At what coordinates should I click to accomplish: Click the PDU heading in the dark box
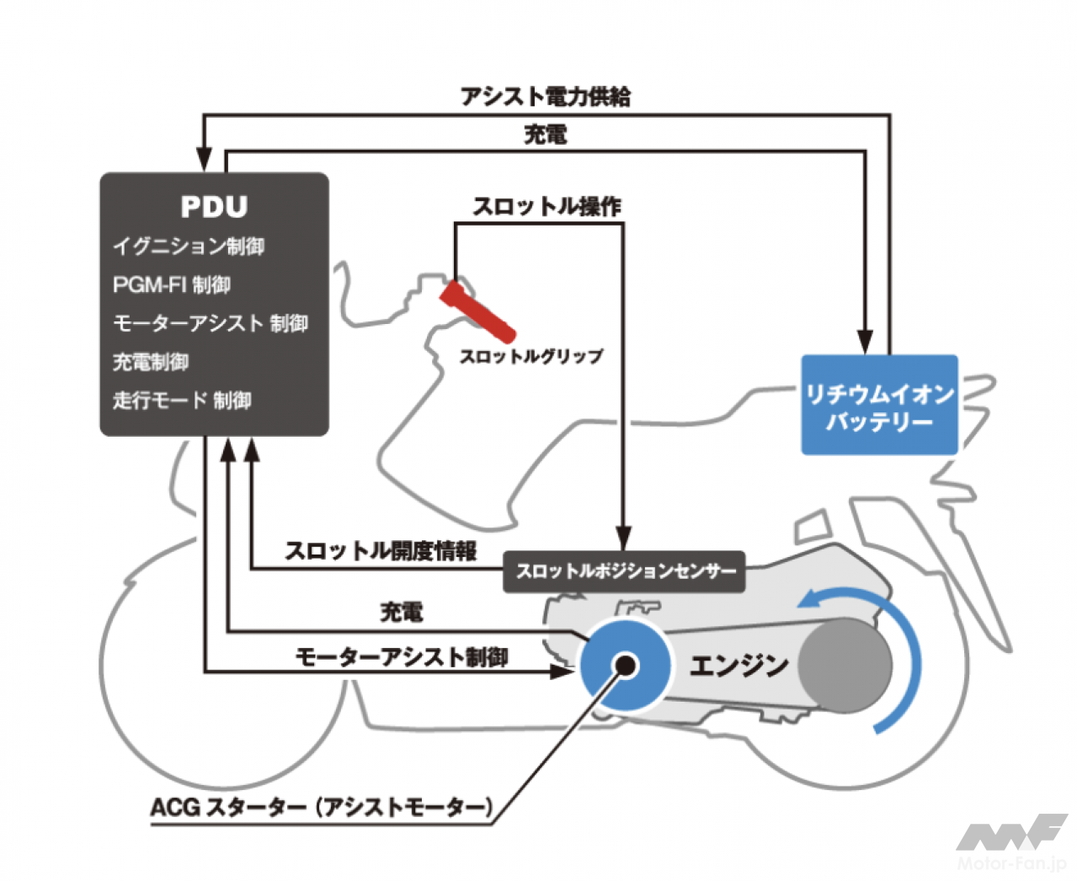[214, 207]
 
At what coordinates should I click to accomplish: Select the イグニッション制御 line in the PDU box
[189, 247]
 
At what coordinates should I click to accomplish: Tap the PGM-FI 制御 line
[172, 285]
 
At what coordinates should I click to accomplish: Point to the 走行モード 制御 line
[182, 401]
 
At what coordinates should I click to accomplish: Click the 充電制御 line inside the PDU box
[151, 362]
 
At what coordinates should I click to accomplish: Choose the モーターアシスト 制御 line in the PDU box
[211, 324]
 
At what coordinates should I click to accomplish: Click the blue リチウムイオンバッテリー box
[879, 406]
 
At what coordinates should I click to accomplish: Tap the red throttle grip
[477, 311]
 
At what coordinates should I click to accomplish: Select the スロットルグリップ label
[531, 356]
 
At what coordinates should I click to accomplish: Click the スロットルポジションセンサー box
[624, 571]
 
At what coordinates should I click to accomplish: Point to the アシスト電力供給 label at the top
[545, 97]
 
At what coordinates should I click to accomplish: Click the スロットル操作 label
[546, 206]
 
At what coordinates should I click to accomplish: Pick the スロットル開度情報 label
[381, 551]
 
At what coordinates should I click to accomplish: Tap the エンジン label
[738, 666]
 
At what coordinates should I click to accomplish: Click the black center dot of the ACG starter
[626, 666]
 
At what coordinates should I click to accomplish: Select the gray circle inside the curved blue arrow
[844, 665]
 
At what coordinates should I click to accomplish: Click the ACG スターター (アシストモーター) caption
[321, 808]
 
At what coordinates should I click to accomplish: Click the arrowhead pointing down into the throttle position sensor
[623, 539]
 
